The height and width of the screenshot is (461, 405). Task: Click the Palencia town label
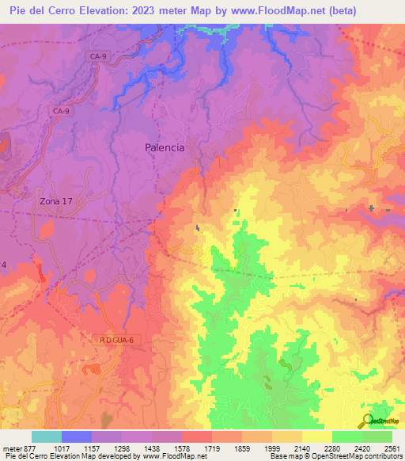pyautogui.click(x=165, y=147)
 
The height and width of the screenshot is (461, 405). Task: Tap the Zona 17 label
pyautogui.click(x=56, y=201)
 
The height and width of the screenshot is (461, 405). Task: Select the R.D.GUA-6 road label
pyautogui.click(x=118, y=340)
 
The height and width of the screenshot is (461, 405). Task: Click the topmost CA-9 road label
pyautogui.click(x=97, y=57)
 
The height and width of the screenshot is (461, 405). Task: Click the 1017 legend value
pyautogui.click(x=61, y=448)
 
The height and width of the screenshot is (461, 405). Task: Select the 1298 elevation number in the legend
pyautogui.click(x=122, y=448)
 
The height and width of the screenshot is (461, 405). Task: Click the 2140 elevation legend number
pyautogui.click(x=301, y=448)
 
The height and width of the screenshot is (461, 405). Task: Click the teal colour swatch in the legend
pyautogui.click(x=47, y=436)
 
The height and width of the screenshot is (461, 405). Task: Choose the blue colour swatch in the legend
pyautogui.click(x=77, y=436)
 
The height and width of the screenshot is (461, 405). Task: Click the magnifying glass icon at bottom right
pyautogui.click(x=367, y=421)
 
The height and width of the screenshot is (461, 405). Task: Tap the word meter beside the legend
pyautogui.click(x=11, y=448)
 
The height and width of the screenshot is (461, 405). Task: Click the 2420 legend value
pyautogui.click(x=361, y=448)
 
